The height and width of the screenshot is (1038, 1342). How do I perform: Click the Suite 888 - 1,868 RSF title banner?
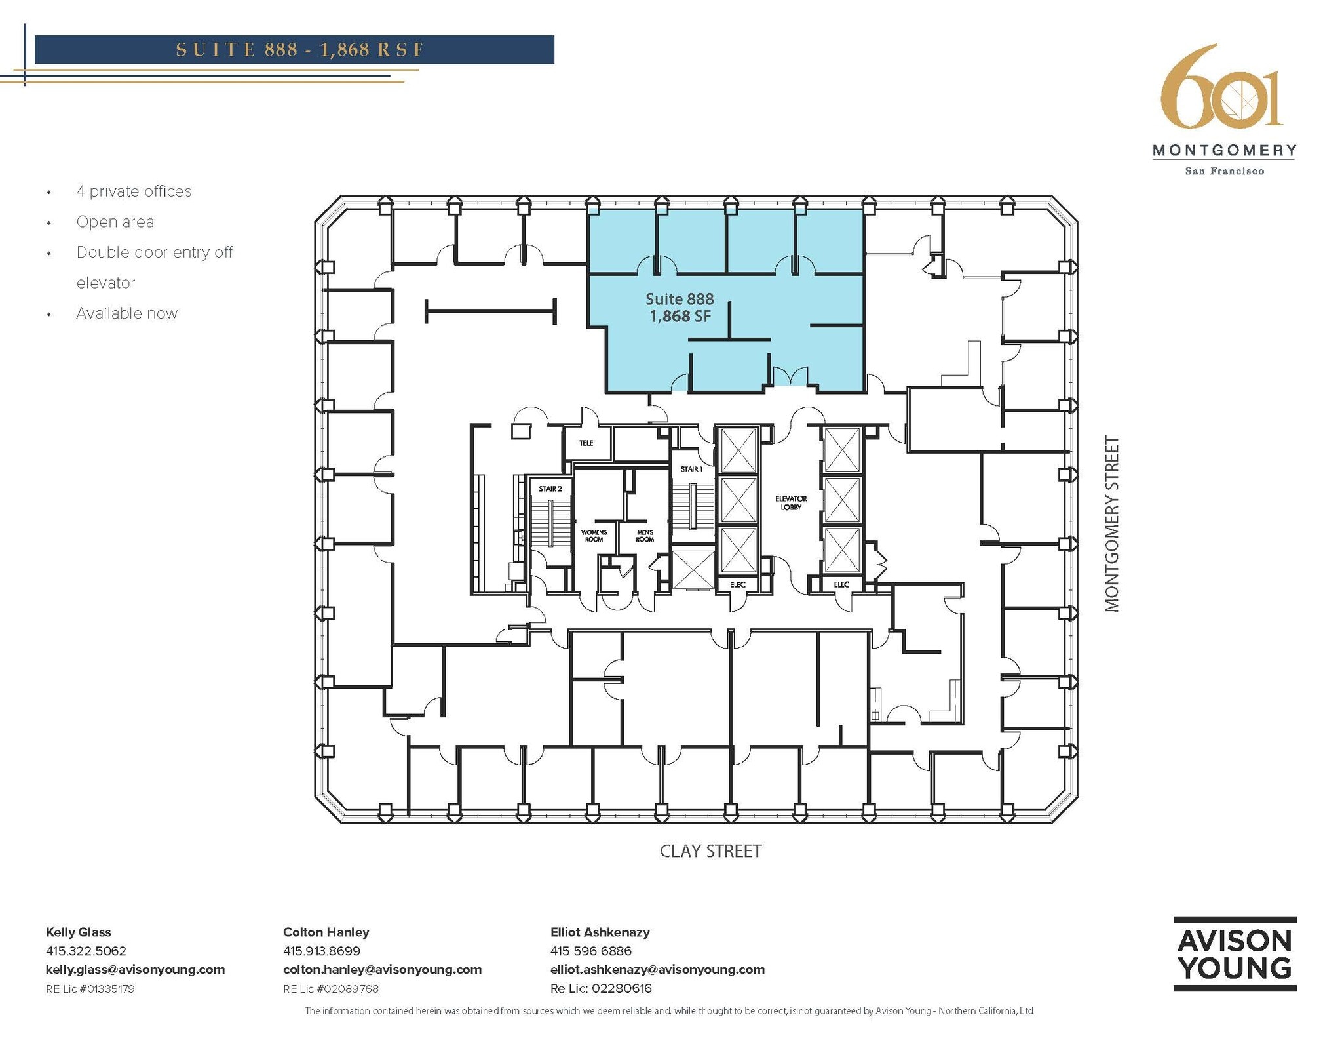point(294,50)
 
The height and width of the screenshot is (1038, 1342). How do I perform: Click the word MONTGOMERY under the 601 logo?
point(1224,151)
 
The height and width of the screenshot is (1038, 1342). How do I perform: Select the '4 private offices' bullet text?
point(134,191)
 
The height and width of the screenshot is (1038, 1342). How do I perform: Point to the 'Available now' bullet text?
point(126,313)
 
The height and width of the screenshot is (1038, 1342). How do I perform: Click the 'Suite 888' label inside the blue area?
point(680,299)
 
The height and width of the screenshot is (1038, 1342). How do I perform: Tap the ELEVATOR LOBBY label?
point(791,503)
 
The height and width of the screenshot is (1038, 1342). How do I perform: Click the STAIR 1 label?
point(691,469)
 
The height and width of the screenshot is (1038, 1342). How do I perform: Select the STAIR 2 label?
point(550,489)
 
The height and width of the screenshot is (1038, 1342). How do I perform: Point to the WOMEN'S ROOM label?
point(594,536)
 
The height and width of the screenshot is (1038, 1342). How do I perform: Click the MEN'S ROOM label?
point(645,536)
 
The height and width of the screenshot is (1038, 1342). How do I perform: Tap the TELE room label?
point(586,443)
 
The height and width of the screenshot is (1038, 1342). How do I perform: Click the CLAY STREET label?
point(710,851)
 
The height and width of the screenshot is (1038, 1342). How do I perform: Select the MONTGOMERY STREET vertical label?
point(1112,524)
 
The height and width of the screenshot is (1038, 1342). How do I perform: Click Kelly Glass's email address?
point(135,969)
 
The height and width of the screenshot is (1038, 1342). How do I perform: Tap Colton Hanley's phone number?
point(321,951)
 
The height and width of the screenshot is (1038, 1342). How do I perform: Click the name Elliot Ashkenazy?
point(600,932)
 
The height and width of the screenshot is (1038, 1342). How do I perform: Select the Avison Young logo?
point(1235,953)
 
